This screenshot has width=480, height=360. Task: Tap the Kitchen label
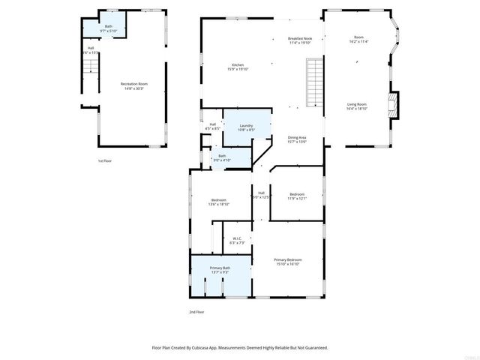pyautogui.click(x=238, y=66)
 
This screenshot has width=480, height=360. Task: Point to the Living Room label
pyautogui.click(x=356, y=104)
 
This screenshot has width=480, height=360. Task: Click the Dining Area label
pyautogui.click(x=297, y=137)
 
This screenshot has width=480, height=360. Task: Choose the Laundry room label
pyautogui.click(x=246, y=125)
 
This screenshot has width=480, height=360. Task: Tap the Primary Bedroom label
pyautogui.click(x=288, y=259)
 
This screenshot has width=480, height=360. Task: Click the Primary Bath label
pyautogui.click(x=220, y=268)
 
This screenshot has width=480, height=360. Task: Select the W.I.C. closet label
pyautogui.click(x=237, y=239)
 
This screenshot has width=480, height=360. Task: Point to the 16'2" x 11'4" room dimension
pyautogui.click(x=358, y=42)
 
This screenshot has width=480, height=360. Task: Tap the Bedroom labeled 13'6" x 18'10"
pyautogui.click(x=218, y=200)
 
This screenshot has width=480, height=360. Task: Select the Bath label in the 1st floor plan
pyautogui.click(x=108, y=26)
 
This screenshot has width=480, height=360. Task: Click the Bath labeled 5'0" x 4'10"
pyautogui.click(x=221, y=156)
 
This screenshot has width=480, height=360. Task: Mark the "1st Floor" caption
pyautogui.click(x=105, y=161)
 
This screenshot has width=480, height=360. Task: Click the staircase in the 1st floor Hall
pyautogui.click(x=90, y=70)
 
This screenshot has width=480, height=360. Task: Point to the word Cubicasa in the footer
pyautogui.click(x=208, y=347)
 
